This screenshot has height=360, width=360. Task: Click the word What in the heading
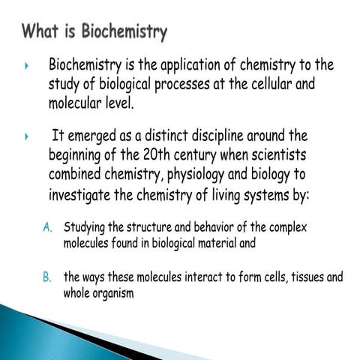tap(41, 31)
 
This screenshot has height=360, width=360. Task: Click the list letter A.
tap(46, 226)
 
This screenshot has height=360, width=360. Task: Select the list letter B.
tap(46, 277)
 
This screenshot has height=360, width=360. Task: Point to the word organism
tap(112, 292)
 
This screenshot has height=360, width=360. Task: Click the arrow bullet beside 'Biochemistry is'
tap(27, 66)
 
